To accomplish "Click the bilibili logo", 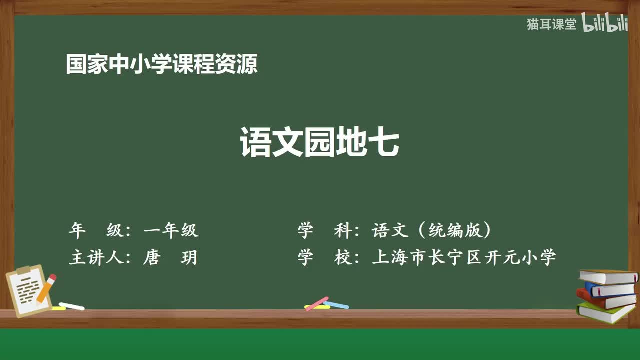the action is click(605, 22).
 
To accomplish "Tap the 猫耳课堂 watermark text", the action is click(551, 24).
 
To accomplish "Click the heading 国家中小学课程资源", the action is click(162, 64).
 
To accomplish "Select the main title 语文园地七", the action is click(319, 142).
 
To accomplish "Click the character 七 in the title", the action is click(383, 142).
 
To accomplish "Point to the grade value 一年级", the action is click(171, 230).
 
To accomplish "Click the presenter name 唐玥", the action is click(170, 257).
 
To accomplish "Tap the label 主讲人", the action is click(96, 257).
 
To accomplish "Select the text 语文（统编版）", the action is click(431, 230).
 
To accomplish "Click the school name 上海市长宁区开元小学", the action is click(464, 257).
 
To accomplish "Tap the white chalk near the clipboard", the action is click(71, 306).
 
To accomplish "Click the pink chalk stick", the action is click(317, 303).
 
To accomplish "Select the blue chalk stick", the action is click(336, 305).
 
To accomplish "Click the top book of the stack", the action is click(608, 277).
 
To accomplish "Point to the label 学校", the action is click(325, 257).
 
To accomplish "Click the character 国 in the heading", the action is click(76, 64).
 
